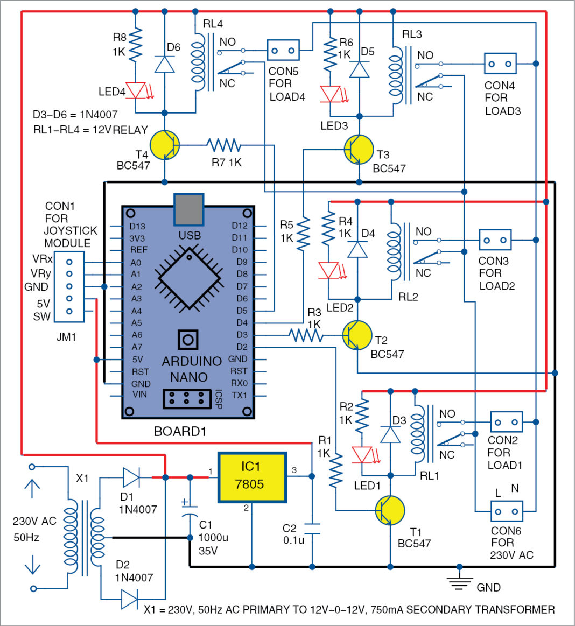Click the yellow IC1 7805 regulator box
pyautogui.click(x=253, y=477)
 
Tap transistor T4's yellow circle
pyautogui.click(x=165, y=145)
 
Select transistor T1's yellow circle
pyautogui.click(x=390, y=510)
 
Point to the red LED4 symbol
pyautogui.click(x=136, y=90)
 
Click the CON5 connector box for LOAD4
pyautogui.click(x=283, y=50)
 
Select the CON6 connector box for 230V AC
pyautogui.click(x=506, y=511)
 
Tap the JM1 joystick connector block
pyautogui.click(x=69, y=287)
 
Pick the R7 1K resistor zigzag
pyautogui.click(x=223, y=145)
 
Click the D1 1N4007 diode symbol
pyautogui.click(x=131, y=477)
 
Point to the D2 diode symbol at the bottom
pyautogui.click(x=129, y=599)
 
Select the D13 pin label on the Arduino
pyautogui.click(x=137, y=227)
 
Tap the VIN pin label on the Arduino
pyautogui.click(x=139, y=395)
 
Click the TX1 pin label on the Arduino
pyautogui.click(x=239, y=395)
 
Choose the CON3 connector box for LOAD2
pyautogui.click(x=495, y=240)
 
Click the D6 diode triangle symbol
pyautogui.click(x=165, y=64)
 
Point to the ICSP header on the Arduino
pyautogui.click(x=187, y=398)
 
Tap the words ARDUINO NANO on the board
pyautogui.click(x=191, y=369)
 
